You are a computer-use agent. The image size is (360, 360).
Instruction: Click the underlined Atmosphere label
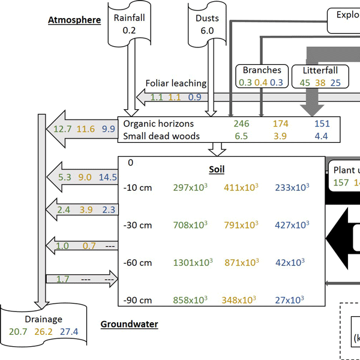[x=74, y=20]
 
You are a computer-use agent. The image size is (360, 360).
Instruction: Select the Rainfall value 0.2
[x=130, y=29]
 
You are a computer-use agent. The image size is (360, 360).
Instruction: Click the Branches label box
[x=262, y=70]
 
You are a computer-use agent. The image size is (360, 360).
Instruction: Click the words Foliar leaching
[x=176, y=83]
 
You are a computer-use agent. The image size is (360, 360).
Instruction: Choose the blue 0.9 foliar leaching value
[x=195, y=96]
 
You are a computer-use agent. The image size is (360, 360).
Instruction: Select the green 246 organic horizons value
[x=241, y=124]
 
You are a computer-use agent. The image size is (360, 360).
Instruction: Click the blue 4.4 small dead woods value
[x=321, y=136]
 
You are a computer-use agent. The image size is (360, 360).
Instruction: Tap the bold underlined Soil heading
[x=217, y=170]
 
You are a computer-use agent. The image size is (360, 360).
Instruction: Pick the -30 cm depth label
[x=137, y=226]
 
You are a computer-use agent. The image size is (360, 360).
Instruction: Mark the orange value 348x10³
[x=241, y=300]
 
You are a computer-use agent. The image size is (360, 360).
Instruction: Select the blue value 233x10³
[x=292, y=188]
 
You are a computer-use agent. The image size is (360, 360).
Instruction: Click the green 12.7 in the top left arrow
[x=62, y=128]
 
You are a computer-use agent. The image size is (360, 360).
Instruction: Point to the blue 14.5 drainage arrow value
[x=107, y=177]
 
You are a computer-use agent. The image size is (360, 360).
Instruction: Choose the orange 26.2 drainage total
[x=44, y=331]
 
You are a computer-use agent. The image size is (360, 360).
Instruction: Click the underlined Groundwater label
[x=129, y=325]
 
